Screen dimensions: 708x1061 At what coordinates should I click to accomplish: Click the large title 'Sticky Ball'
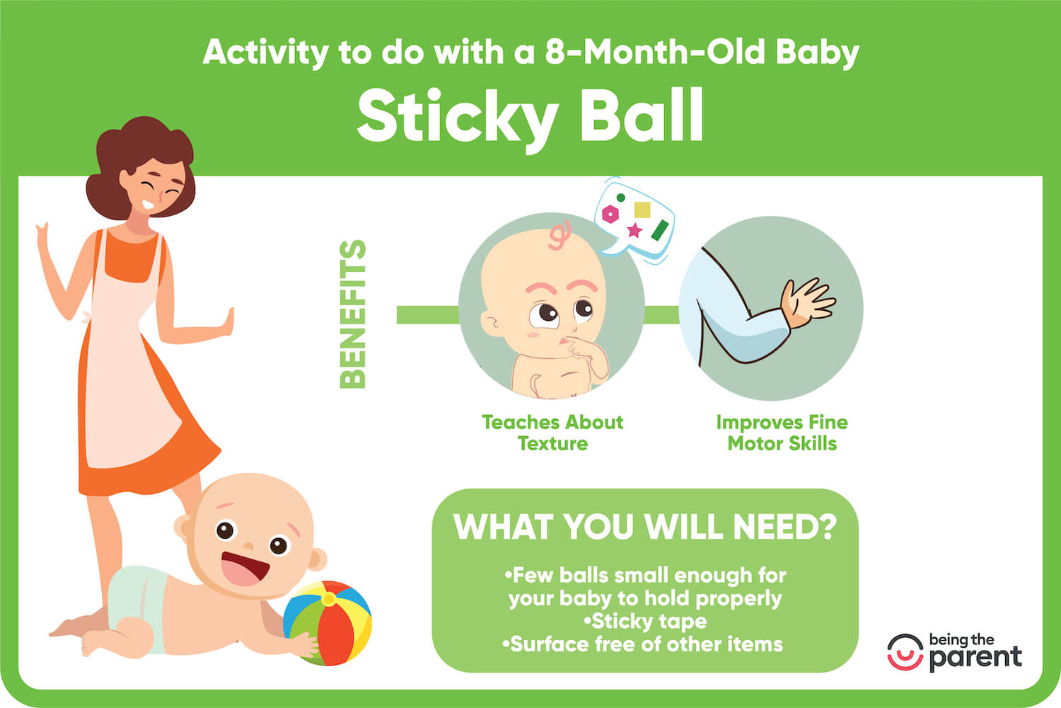point(530,117)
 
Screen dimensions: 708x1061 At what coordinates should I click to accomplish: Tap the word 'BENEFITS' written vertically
point(353,314)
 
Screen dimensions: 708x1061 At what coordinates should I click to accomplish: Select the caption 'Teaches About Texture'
point(552,433)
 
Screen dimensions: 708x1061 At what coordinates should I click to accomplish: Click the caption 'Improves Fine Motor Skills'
point(782,433)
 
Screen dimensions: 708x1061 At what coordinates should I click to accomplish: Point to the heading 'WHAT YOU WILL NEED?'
point(644,527)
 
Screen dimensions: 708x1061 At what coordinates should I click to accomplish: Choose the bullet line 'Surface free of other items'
point(644,644)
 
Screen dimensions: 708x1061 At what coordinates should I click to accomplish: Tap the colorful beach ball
point(327,622)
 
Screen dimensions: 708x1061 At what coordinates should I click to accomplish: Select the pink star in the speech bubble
point(634,230)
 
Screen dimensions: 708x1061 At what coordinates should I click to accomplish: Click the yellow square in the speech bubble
point(642,210)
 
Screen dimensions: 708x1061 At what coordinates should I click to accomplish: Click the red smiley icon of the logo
point(905,652)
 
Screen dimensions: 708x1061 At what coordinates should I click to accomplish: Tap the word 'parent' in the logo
point(975,658)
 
